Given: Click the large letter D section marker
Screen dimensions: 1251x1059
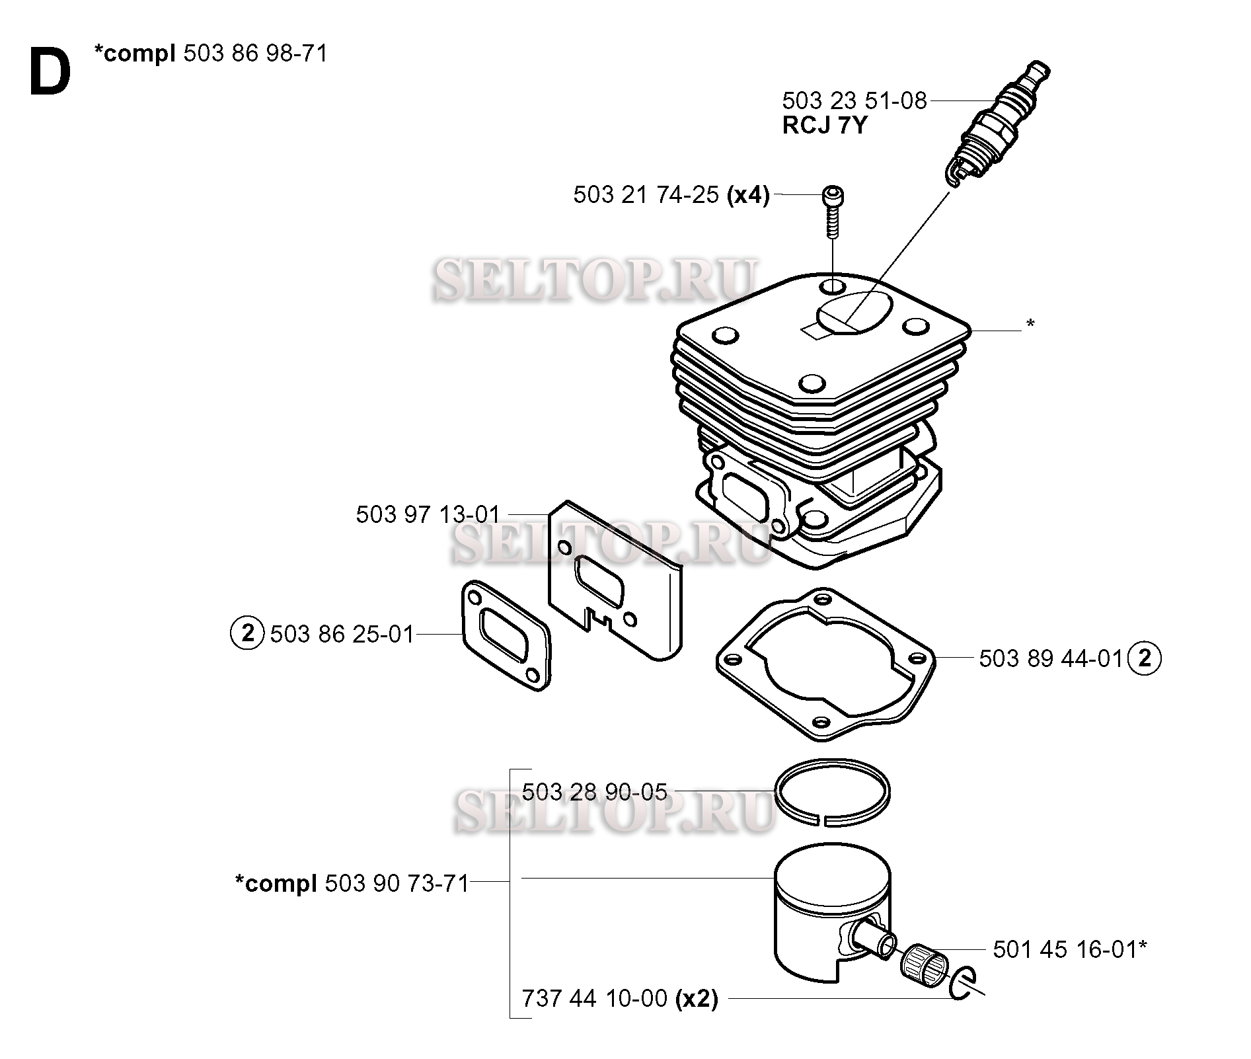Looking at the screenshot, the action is [x=50, y=73].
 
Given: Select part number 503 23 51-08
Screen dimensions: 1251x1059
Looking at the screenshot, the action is [x=854, y=101].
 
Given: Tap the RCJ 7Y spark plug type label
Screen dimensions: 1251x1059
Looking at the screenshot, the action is [x=824, y=126].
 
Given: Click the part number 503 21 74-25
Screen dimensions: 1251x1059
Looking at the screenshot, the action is [x=646, y=196].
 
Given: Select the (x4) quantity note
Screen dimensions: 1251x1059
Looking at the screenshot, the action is [x=748, y=196].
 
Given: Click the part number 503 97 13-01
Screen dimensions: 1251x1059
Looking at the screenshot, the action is [x=428, y=514].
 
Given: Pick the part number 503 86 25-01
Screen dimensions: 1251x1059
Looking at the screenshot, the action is [x=342, y=634].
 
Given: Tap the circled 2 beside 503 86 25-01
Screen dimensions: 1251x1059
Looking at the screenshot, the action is [x=247, y=633].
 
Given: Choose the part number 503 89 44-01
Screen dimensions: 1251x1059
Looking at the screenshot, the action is [x=1051, y=658].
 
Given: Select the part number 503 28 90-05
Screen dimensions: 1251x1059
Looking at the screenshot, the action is [x=595, y=791].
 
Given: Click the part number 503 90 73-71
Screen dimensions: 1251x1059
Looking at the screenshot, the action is [x=397, y=883].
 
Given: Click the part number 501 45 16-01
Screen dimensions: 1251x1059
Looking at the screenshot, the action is [x=1065, y=950].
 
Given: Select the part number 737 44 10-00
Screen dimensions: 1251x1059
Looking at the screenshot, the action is [x=595, y=998].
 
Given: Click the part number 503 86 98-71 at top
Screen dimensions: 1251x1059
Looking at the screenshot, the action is [x=255, y=53].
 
